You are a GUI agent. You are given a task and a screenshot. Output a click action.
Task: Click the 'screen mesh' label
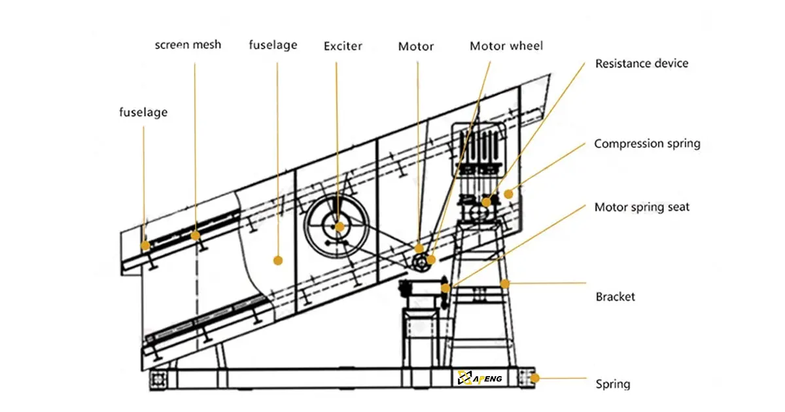(x=188, y=45)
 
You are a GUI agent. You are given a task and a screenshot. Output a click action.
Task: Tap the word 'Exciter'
(x=343, y=46)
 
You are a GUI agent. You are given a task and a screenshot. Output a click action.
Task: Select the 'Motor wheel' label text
(x=506, y=46)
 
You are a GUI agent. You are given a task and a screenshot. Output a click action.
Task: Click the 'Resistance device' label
(x=641, y=63)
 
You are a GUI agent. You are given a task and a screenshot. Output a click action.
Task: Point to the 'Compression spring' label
(x=646, y=144)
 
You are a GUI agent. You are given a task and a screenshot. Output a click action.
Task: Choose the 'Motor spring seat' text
(x=641, y=207)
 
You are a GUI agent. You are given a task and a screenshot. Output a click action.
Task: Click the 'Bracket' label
(x=615, y=297)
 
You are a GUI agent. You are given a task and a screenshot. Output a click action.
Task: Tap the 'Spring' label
(x=612, y=384)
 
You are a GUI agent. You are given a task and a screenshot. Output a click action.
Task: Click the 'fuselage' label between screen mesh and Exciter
(x=273, y=45)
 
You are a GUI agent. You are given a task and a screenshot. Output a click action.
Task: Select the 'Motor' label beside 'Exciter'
(x=416, y=46)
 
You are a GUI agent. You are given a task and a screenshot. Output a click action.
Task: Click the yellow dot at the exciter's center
(x=339, y=227)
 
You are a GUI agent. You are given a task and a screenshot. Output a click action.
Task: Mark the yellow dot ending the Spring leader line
(x=534, y=377)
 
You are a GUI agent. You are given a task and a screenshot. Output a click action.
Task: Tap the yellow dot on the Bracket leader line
(x=504, y=283)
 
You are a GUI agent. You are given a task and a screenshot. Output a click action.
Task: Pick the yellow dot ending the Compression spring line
(x=508, y=194)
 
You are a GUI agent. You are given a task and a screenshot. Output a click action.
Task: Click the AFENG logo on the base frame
(x=480, y=377)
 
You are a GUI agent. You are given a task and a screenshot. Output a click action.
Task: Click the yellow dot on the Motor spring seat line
(x=445, y=288)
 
